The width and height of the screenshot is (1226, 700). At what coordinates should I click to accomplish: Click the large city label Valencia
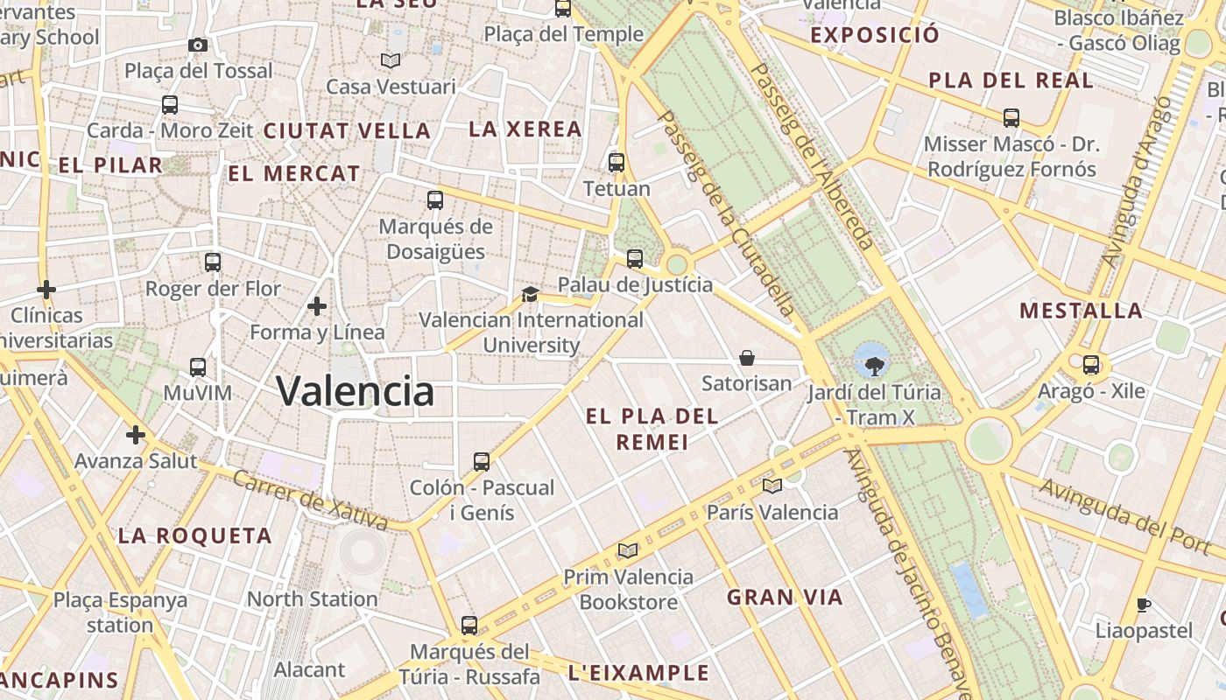point(356,390)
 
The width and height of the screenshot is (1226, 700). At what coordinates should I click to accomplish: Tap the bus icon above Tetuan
point(617,162)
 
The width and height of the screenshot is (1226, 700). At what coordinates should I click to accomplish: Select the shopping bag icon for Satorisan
point(747,357)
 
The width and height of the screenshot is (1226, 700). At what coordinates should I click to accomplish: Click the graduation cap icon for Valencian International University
point(530,294)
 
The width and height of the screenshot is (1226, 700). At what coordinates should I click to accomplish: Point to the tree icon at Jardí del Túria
point(872,365)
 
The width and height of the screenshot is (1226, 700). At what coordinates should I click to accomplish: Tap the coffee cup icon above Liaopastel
point(1143,605)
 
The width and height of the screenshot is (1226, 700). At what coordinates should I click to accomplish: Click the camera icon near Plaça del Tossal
point(198,45)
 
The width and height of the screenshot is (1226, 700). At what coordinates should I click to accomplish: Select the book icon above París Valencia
point(772,486)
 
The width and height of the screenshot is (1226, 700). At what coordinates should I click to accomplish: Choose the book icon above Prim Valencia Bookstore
point(627,550)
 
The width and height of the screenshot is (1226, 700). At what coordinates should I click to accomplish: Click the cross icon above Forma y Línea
point(317,306)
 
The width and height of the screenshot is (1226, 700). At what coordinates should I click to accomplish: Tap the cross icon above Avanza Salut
point(135,434)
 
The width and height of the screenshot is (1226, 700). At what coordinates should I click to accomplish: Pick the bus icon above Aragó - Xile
point(1090,364)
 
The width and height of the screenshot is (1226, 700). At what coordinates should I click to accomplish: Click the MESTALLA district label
point(1081,311)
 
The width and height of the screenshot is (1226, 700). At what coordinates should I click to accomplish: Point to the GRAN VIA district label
point(785,598)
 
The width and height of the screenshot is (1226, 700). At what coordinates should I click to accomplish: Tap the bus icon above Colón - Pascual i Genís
point(481,461)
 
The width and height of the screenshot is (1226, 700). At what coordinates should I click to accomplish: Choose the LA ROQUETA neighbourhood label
point(195,535)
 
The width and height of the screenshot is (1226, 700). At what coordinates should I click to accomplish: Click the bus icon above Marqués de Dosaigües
point(435,200)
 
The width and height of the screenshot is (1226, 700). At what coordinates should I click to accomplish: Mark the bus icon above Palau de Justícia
point(635,258)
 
